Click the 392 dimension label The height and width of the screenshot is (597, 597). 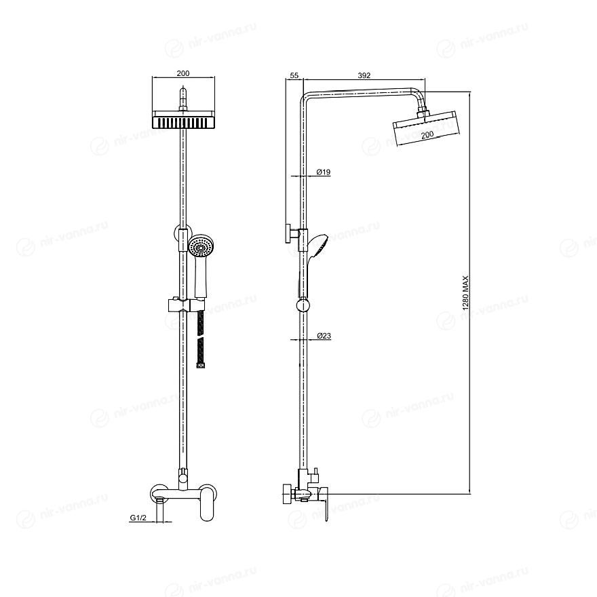coord(364,75)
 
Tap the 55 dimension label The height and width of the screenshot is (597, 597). coord(294,75)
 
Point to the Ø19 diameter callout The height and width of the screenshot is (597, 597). coord(324,172)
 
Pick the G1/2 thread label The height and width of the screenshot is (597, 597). coord(138,518)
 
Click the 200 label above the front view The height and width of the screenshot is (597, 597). coord(183,73)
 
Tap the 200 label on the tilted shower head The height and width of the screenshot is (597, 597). coord(427,134)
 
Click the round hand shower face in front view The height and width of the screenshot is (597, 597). coord(201,248)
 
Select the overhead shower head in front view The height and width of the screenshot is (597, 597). coord(184,119)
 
